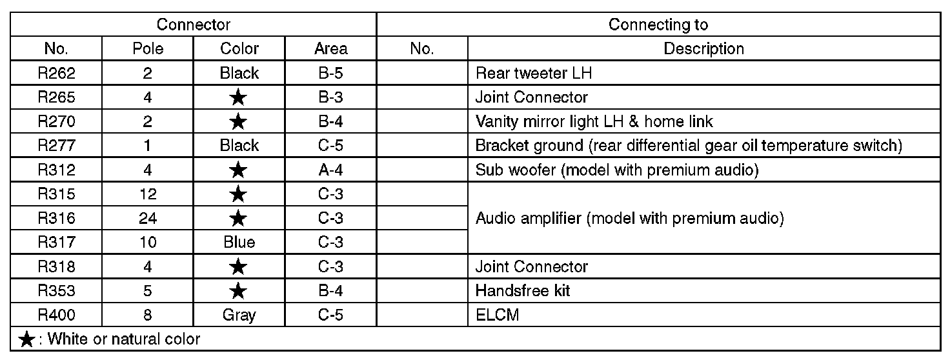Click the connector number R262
click(x=56, y=73)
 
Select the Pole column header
click(x=148, y=48)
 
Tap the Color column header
click(x=239, y=48)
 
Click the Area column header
click(x=330, y=48)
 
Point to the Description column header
click(x=703, y=48)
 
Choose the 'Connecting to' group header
click(x=658, y=25)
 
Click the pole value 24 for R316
click(x=148, y=218)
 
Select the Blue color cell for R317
click(x=239, y=242)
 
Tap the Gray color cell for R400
click(x=239, y=315)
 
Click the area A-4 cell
click(x=330, y=170)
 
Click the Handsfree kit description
click(x=523, y=291)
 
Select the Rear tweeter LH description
click(x=533, y=73)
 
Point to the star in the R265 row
click(x=239, y=97)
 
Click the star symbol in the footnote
click(x=26, y=339)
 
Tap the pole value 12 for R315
click(x=148, y=194)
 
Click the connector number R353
click(x=56, y=291)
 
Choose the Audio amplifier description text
click(x=629, y=218)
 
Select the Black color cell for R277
click(x=239, y=146)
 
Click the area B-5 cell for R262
click(x=330, y=73)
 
